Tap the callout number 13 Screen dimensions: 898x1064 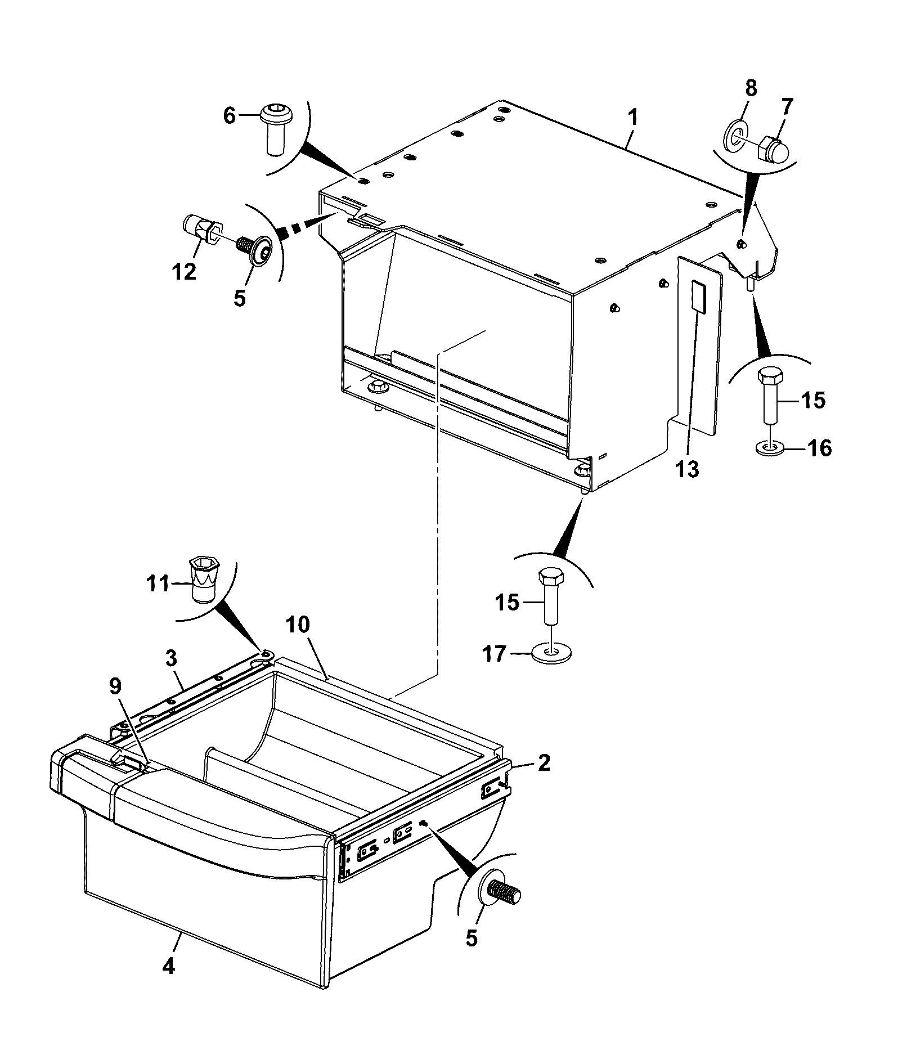point(687,469)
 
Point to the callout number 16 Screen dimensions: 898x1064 point(819,448)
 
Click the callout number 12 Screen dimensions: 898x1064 point(185,272)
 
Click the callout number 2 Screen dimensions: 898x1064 point(544,763)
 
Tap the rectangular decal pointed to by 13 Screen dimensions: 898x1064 point(698,297)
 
